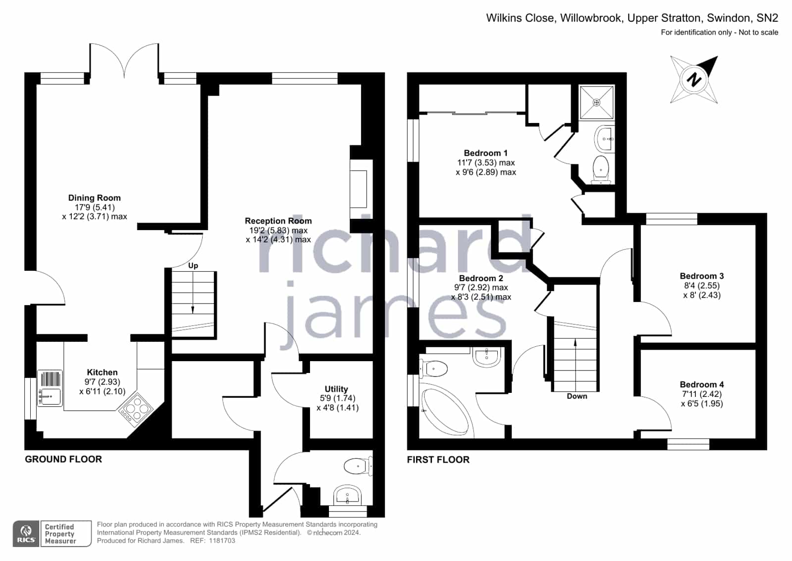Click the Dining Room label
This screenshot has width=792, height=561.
click(x=95, y=197)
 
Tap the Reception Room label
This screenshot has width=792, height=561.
click(x=278, y=221)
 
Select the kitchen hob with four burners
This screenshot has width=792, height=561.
click(x=135, y=410)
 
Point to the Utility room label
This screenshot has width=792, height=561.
click(x=336, y=389)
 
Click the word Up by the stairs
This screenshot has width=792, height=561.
click(x=193, y=266)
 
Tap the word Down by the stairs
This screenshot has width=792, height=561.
click(x=577, y=396)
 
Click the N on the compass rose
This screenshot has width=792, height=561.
click(x=694, y=79)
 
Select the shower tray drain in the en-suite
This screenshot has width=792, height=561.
click(x=596, y=103)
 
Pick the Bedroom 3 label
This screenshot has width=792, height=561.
click(x=701, y=276)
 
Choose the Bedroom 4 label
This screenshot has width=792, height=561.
click(x=701, y=384)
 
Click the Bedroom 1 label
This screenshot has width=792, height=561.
click(x=485, y=153)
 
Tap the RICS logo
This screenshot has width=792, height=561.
click(x=26, y=534)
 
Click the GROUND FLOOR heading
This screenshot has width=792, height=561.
click(x=63, y=459)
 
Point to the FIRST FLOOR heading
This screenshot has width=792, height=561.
click(x=438, y=459)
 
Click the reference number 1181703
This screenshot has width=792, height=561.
click(x=222, y=541)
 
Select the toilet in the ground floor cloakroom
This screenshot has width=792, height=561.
click(x=358, y=466)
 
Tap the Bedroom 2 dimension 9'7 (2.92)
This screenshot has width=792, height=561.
click(x=481, y=287)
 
